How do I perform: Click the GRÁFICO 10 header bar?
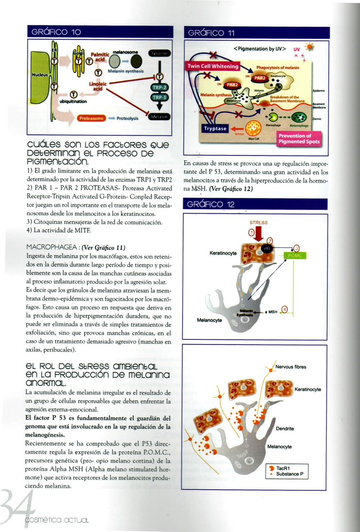[100, 32]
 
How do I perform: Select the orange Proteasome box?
[91, 118]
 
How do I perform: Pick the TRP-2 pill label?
[159, 88]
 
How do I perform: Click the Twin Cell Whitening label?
[213, 66]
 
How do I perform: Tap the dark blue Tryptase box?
[215, 129]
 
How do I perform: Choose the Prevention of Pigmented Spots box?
[299, 139]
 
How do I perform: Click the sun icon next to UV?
[309, 47]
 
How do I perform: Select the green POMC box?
[295, 256]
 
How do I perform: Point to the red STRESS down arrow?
[258, 234]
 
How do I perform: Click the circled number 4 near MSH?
[284, 309]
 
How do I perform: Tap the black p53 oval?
[267, 249]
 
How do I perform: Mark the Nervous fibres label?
[291, 367]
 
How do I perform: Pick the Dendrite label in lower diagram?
[285, 429]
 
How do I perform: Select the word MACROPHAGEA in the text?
[52, 247]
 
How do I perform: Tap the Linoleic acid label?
[98, 86]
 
